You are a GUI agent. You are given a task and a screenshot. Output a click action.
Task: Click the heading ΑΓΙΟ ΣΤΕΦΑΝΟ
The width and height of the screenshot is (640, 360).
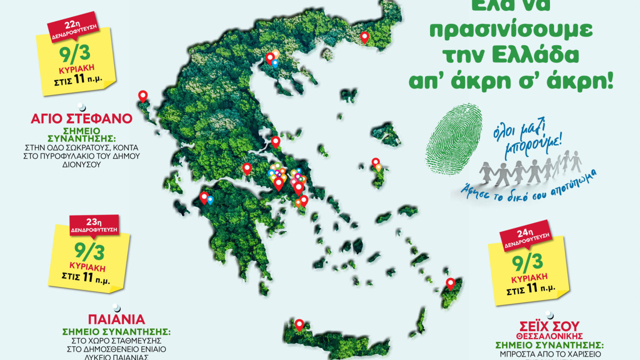[81, 119]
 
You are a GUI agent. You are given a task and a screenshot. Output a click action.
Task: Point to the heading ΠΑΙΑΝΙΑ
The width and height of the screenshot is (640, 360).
[116, 319]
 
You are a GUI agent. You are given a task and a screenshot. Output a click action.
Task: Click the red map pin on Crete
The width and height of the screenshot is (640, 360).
[299, 324]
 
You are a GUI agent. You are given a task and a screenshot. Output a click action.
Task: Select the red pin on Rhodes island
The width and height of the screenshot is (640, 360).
[450, 283]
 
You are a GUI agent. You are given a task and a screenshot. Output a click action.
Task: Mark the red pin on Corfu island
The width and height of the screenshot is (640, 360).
[143, 96]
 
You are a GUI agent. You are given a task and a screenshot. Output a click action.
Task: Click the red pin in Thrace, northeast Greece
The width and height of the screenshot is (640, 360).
[364, 36]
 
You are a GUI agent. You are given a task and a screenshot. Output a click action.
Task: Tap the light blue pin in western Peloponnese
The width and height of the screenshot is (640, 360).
[210, 200]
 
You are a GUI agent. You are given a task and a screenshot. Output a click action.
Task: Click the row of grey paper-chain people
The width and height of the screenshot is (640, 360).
[530, 168]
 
